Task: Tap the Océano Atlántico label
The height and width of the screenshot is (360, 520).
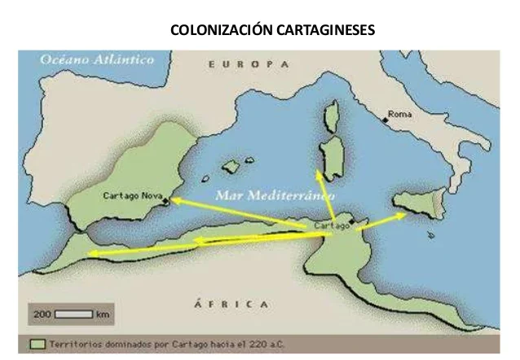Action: [86, 59]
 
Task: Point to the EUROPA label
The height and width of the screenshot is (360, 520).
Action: [249, 64]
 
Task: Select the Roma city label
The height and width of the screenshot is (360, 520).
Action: [400, 114]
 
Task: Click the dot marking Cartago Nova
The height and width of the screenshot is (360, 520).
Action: [165, 200]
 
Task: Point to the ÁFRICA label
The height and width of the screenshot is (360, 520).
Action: [231, 303]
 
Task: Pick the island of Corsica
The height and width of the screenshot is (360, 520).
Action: [331, 119]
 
